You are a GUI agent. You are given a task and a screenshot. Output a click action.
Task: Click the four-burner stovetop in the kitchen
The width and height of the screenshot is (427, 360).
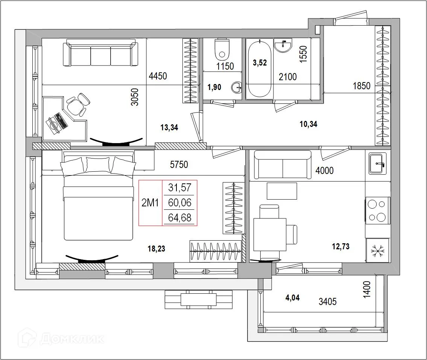[377, 211]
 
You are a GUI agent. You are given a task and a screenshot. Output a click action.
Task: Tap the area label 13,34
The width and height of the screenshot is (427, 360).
[169, 128]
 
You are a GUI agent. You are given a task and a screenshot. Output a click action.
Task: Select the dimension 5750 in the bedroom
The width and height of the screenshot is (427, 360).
[179, 165]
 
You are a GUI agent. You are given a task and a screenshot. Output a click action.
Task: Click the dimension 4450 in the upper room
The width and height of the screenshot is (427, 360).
[158, 76]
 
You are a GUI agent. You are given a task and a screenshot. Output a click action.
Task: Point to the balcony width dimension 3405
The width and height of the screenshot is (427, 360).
[327, 301]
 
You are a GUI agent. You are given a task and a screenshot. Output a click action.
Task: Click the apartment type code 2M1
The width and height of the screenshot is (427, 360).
[150, 203]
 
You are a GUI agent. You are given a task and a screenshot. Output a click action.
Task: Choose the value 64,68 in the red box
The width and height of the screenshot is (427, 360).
[179, 218]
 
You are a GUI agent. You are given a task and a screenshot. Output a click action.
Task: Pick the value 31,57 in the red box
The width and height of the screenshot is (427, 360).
[179, 188]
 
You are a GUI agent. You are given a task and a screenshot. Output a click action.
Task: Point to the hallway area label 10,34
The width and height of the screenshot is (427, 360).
[308, 124]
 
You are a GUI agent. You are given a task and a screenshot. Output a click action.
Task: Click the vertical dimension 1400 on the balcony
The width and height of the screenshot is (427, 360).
[367, 290]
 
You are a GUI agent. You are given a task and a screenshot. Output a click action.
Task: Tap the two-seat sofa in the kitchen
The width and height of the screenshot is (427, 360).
[283, 164]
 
